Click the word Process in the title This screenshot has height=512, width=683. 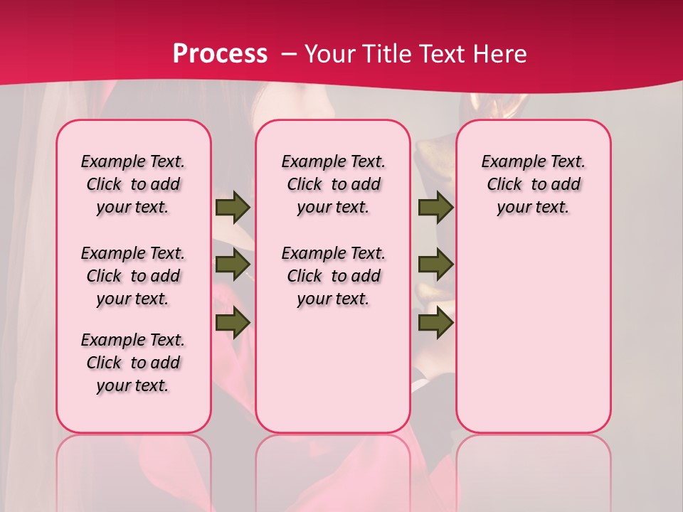pos(220,54)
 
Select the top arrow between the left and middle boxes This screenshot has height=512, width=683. pos(232,207)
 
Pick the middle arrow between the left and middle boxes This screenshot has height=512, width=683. pos(232,264)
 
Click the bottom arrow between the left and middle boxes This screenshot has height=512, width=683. pos(232,322)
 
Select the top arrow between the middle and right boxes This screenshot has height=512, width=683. pos(435,207)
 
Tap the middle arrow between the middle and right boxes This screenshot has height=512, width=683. pos(435,264)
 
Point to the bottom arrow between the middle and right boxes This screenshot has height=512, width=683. pos(435,322)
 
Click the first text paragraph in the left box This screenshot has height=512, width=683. pos(133,184)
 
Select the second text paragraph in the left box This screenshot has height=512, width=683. pos(133,276)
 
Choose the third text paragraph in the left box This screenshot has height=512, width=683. pos(133,363)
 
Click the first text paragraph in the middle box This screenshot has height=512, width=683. pos(333,184)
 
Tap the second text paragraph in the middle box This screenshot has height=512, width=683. pos(333,276)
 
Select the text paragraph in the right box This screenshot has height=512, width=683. pos(533,184)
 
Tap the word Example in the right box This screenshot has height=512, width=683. pos(509,161)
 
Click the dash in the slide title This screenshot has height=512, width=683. pos(288,54)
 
